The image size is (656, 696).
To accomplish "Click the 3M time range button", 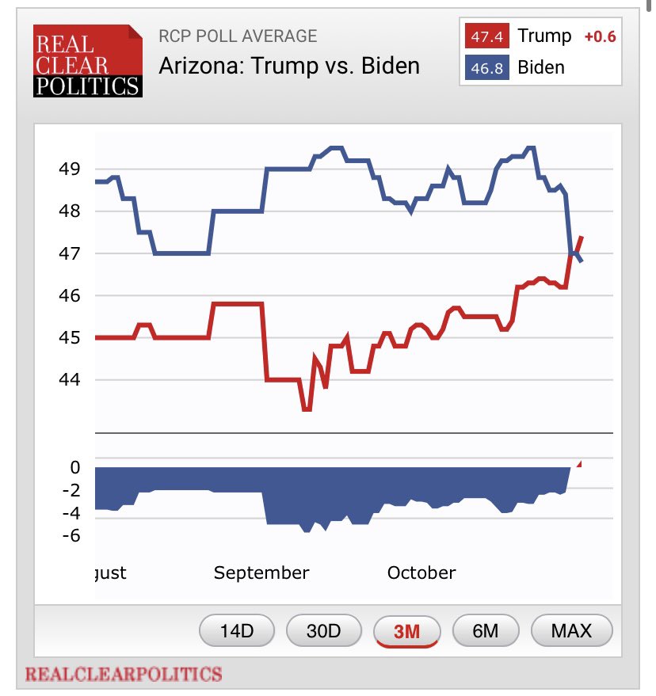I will [406, 631].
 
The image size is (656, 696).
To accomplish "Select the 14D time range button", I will [237, 631].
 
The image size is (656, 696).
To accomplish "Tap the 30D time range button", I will [323, 631].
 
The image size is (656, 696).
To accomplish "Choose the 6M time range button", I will [485, 631].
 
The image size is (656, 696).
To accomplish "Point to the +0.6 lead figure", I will [599, 36].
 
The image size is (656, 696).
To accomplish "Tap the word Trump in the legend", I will [544, 36].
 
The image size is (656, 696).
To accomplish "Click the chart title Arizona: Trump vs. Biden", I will [289, 65].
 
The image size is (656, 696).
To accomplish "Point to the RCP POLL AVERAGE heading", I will [238, 36].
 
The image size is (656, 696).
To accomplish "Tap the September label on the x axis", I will [261, 572].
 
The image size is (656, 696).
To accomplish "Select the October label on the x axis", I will [421, 572].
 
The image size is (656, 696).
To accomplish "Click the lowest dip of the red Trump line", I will [306, 409].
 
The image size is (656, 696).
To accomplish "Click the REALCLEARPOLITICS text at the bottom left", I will [124, 675].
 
